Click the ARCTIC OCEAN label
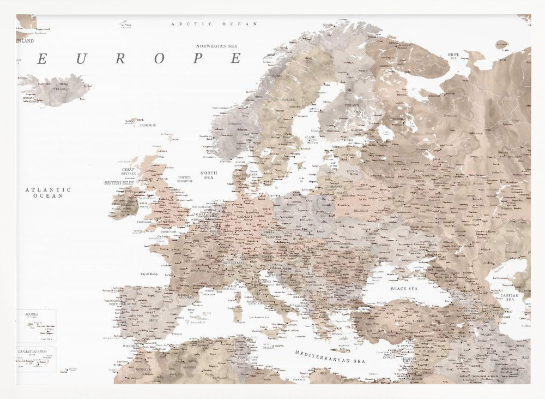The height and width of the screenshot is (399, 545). tap(214, 25)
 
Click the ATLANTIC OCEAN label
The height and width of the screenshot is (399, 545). tap(48, 192)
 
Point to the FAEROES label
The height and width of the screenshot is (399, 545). tap(148, 125)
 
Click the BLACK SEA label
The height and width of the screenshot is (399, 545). tap(404, 288)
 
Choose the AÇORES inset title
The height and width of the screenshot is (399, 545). tap(31, 314)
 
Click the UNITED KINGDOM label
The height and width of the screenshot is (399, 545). tap(184, 179)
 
